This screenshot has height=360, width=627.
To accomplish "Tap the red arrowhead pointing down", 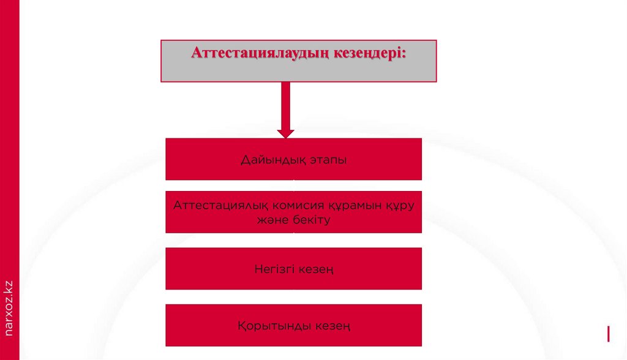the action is tap(285, 132).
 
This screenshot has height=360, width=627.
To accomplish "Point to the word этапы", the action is tap(326, 161).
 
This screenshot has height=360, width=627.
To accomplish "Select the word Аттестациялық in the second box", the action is tap(216, 206).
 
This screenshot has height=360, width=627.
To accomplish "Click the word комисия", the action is tap(290, 206).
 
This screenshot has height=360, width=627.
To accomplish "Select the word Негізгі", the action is tap(274, 269).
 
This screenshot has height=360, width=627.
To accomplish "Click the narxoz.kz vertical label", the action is tap(9, 306).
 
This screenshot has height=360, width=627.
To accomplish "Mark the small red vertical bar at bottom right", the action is tap(609, 334).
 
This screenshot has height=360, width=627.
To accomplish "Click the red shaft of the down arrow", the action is tap(285, 104).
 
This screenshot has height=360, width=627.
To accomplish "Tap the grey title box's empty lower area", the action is tap(298, 72).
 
